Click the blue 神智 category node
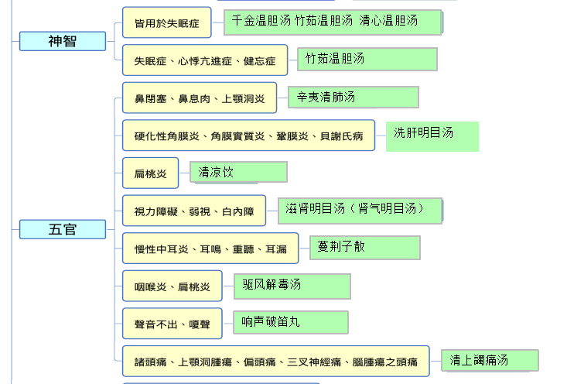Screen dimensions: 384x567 62,41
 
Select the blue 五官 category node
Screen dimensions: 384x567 62,229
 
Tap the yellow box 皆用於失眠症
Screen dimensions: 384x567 166,23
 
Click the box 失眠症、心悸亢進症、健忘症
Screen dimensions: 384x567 205,60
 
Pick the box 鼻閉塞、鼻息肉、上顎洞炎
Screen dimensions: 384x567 199,98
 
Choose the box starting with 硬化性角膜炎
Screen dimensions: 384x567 248,135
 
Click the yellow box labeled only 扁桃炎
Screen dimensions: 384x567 150,173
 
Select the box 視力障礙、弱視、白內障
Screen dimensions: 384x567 193,211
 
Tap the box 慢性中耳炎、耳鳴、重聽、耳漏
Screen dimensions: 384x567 210,249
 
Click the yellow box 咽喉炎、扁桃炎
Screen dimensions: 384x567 172,286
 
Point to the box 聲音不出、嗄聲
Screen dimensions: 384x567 172,324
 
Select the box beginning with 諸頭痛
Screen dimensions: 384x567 275,362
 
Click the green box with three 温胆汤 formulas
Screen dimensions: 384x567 333,22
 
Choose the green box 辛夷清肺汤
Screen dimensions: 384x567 354,97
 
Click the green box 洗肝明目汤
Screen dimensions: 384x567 432,135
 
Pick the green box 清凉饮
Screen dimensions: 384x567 239,172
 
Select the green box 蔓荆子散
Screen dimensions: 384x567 365,247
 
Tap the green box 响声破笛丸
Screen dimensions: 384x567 291,322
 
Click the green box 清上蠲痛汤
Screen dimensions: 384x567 490,360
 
